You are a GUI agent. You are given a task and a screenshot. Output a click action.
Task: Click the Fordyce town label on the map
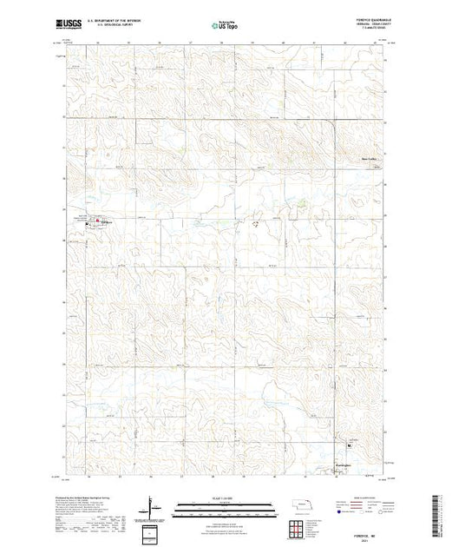[106, 222]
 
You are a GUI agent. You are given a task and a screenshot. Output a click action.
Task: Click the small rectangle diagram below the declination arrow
[153, 531]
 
